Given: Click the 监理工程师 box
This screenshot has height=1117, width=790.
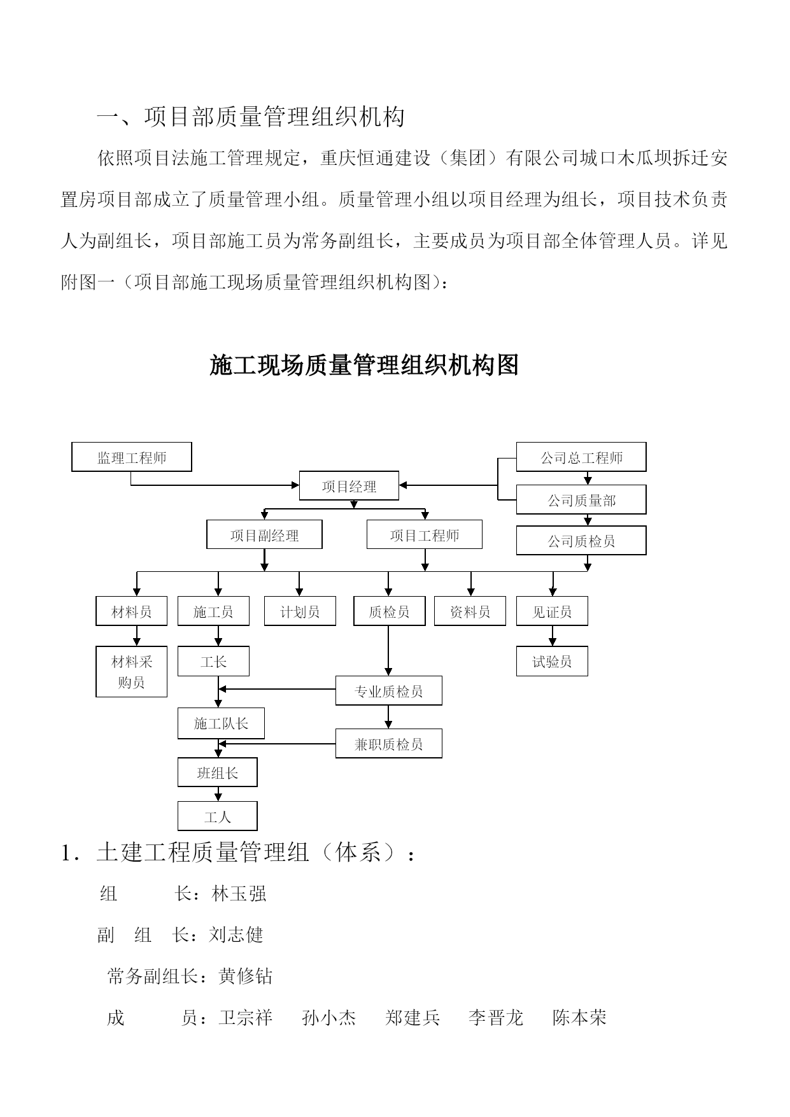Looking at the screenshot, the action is coord(132,457).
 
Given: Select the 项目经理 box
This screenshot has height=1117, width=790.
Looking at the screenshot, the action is coord(349,486).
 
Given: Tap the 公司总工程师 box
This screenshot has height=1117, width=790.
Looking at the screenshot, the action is coord(581,457).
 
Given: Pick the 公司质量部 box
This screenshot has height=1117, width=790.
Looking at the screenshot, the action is coord(581,500).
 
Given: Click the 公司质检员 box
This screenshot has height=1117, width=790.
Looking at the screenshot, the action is coord(581,541).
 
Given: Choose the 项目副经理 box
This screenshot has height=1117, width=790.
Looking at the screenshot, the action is coord(264,535).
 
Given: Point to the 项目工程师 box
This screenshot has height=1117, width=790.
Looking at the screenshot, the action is coord(425,535).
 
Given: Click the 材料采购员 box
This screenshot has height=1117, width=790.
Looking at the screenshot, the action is coord(132,672).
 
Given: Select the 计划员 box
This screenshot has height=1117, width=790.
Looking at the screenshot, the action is coord(300,611).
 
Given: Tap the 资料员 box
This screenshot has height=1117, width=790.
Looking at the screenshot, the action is coord(470,611).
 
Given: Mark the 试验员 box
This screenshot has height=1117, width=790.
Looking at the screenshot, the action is coord(552,662).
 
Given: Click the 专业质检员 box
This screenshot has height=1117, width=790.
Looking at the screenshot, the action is coord(389,691).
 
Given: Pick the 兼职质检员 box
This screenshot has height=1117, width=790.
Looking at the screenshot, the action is coord(389,743).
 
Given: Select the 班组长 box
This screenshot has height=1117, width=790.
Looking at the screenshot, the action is coord(218,772).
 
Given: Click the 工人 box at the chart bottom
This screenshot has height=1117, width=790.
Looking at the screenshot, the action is coord(218,816).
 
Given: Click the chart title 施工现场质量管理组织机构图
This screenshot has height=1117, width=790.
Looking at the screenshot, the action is coord(364,365).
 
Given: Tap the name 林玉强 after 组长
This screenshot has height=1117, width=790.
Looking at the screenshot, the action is coord(239,893).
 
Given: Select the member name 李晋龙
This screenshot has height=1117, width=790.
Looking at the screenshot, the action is coord(496,1018).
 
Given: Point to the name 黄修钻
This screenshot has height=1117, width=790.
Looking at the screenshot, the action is coord(246,976).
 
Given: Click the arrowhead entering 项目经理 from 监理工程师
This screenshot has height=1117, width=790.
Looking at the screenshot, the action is coord(295,485).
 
